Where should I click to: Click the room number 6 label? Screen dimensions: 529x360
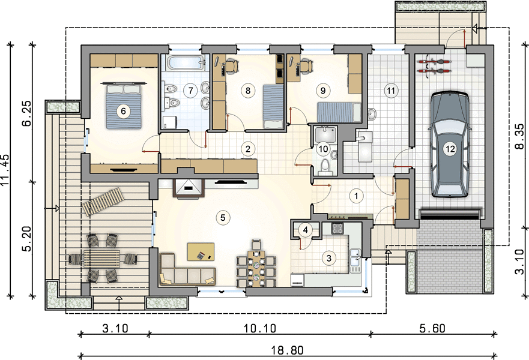(x=123, y=111)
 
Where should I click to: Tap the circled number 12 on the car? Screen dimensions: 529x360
(x=450, y=148)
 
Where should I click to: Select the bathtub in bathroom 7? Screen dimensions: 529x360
(x=184, y=63)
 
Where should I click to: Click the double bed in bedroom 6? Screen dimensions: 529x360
(x=124, y=106)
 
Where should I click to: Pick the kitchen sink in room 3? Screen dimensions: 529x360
(x=355, y=260)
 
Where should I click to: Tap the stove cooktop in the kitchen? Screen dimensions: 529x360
(x=337, y=229)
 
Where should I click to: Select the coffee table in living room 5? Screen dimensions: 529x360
(x=201, y=251)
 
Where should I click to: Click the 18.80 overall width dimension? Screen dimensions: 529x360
(x=288, y=350)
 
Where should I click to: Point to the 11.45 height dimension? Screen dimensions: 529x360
(x=6, y=170)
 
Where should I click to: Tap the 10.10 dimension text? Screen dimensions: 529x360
(x=259, y=328)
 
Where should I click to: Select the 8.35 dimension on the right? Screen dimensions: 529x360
(x=519, y=137)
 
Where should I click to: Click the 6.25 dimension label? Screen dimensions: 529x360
(x=26, y=113)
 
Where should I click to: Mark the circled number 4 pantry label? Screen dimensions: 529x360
(x=306, y=230)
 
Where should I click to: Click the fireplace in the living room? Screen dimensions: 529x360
(x=189, y=187)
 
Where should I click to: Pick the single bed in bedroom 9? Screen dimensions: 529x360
(x=339, y=113)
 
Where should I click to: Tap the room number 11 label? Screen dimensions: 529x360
(x=391, y=91)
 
